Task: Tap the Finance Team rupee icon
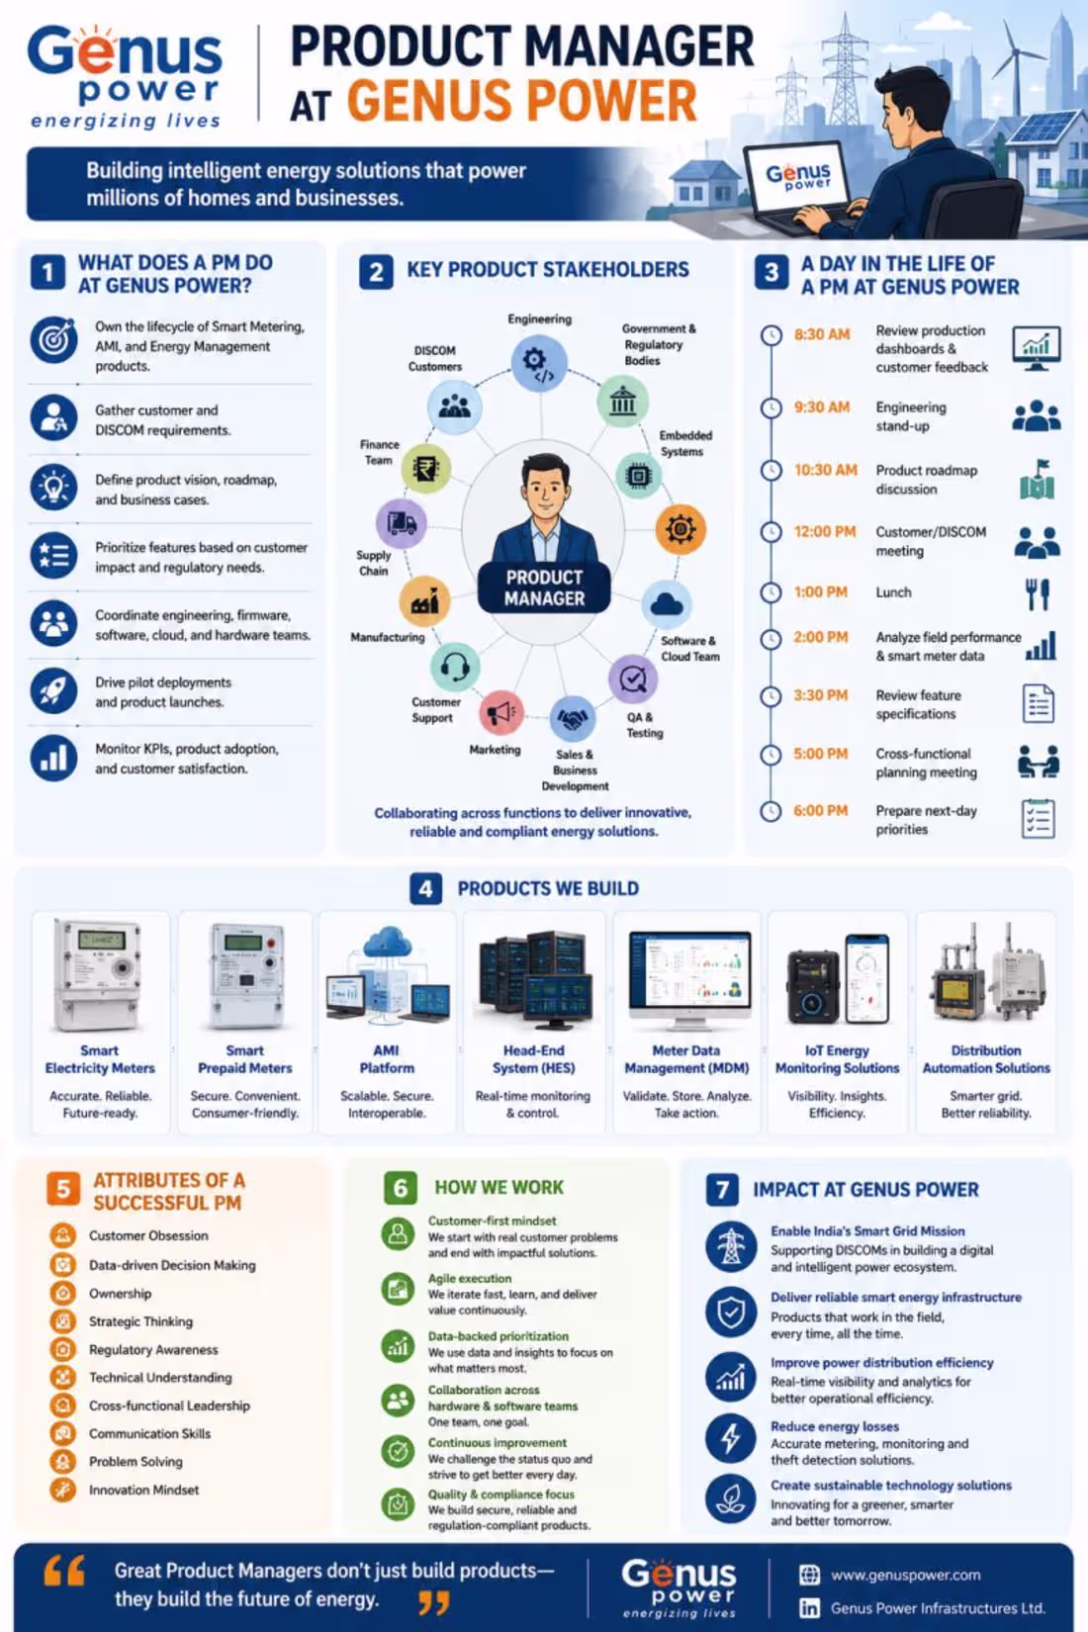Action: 426,468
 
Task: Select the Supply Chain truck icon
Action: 402,522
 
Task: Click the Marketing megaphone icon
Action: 501,712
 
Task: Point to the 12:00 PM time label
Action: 824,532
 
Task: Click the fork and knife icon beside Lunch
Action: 1038,593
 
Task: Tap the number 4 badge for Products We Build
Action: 425,889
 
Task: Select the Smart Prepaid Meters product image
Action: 245,974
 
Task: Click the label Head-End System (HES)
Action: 533,1059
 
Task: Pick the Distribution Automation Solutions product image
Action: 986,974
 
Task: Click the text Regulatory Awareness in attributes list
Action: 153,1349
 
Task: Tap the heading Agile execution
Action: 469,1278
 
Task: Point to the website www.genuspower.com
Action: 906,1576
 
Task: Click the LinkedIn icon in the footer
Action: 809,1607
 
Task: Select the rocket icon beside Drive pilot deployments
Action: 54,690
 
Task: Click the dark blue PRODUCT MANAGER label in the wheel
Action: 544,588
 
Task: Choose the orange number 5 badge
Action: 62,1189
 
